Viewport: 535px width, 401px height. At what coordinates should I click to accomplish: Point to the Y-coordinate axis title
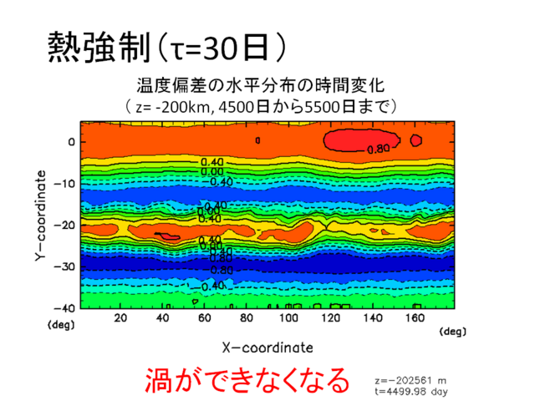39,218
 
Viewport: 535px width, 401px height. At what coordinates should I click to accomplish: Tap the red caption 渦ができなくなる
246,380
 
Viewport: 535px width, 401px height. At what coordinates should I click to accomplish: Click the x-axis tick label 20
120,319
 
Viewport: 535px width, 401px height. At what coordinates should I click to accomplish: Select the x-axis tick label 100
289,319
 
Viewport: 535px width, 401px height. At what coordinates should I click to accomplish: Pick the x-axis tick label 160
415,319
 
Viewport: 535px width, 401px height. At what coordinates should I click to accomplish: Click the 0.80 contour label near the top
379,150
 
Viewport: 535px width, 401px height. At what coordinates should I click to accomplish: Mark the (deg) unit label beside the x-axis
451,332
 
